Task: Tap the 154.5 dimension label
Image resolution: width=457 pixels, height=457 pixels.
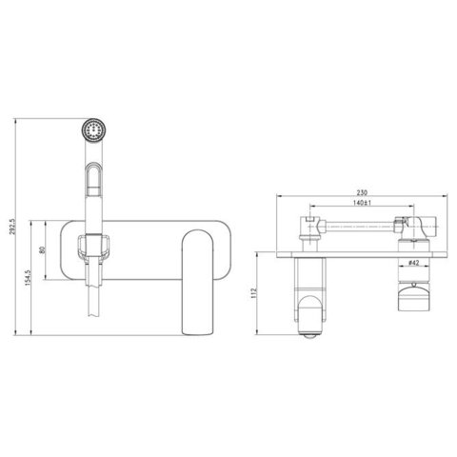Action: coord(28,278)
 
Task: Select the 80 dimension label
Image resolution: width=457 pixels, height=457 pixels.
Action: coord(43,249)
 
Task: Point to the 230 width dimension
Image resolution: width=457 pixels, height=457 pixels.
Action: coord(362,192)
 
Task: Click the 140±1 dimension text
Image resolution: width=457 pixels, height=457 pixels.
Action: coord(362,203)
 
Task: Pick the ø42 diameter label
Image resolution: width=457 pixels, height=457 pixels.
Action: coord(413,263)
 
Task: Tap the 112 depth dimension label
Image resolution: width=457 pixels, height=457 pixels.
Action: coord(253,293)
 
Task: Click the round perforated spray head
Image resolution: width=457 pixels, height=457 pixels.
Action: coord(93,129)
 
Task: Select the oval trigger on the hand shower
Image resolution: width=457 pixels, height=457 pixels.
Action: coord(93,179)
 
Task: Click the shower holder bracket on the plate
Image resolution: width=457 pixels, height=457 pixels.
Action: coord(93,246)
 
